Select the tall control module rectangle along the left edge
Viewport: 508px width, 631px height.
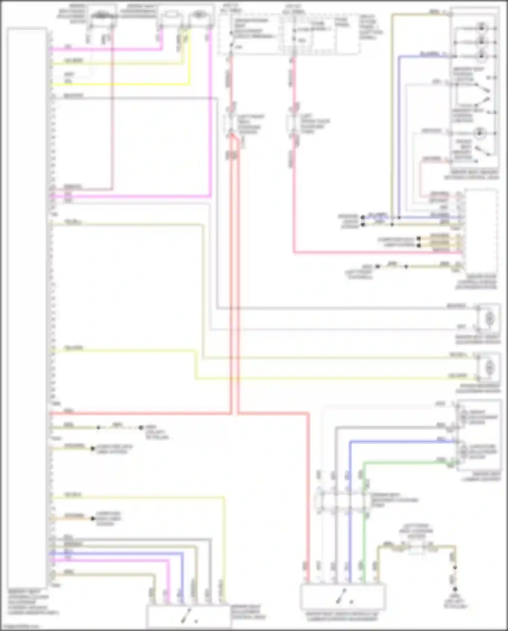[x=26, y=305]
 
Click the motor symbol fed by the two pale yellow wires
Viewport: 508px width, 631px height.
[x=489, y=367]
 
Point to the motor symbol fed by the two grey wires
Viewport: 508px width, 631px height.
[x=489, y=318]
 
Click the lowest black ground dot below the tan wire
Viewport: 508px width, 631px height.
[x=455, y=589]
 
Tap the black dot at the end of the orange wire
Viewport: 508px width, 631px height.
[x=92, y=518]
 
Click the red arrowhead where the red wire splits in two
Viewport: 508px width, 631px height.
[x=233, y=136]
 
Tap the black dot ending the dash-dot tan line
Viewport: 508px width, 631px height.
[x=141, y=428]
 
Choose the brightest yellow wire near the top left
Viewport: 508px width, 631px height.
[x=119, y=84]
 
